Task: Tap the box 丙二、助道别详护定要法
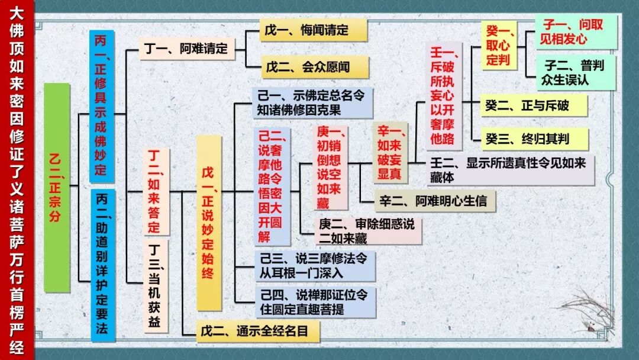click(x=101, y=265)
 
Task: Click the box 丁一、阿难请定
click(x=186, y=49)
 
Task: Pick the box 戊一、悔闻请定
click(x=314, y=30)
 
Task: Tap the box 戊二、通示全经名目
click(x=259, y=332)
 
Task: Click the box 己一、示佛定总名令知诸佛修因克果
click(x=312, y=102)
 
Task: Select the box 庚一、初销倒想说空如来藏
click(x=330, y=168)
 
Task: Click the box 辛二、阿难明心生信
click(x=435, y=201)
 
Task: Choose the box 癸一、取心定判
click(x=499, y=45)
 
